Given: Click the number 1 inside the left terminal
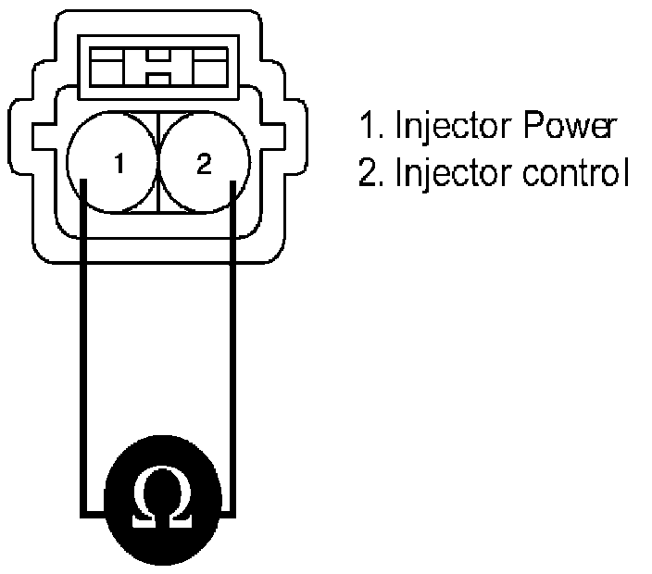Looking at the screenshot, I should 118,165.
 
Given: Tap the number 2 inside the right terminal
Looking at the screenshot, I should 204,165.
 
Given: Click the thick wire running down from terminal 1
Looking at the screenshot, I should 83,352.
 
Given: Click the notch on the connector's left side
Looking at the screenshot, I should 42,137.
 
